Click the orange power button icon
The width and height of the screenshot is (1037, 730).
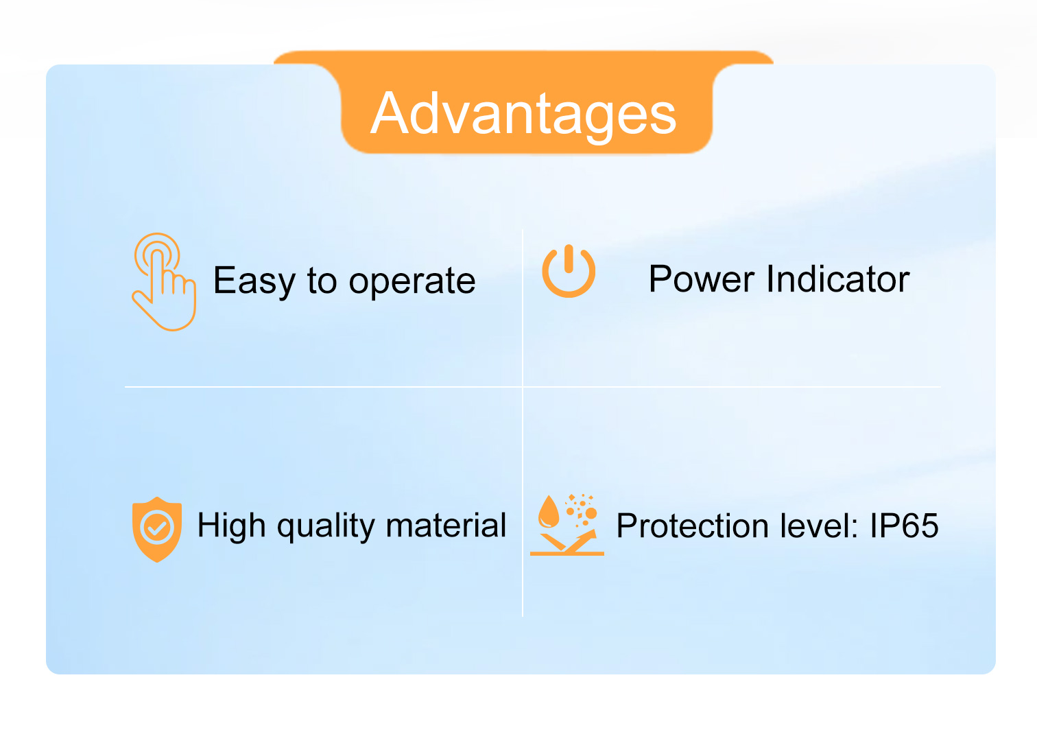(569, 271)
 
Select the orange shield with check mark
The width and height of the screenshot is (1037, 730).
(157, 530)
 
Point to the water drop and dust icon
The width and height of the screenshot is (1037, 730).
(567, 525)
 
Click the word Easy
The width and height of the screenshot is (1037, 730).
(254, 281)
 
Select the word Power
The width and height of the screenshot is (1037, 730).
(702, 279)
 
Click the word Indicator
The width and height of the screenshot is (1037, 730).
(838, 279)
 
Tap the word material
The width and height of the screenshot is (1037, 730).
(446, 526)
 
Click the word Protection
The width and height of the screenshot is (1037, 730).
(693, 526)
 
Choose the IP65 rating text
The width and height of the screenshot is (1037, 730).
(904, 526)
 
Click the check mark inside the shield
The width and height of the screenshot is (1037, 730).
(157, 528)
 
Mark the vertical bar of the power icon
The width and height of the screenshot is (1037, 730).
(569, 259)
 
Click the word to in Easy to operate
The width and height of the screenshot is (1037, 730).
(321, 281)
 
